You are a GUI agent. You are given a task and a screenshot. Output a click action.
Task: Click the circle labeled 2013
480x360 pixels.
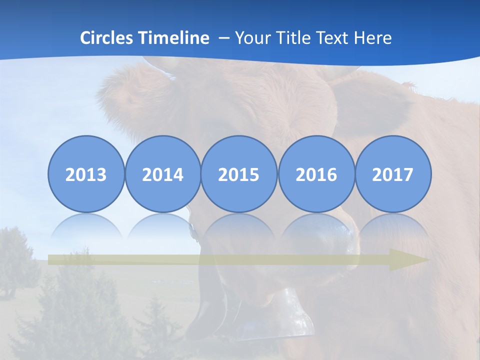pos(86,174)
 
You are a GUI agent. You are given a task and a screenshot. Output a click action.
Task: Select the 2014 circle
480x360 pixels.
pos(162,174)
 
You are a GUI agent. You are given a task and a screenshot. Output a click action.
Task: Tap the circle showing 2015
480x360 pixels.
pos(239,174)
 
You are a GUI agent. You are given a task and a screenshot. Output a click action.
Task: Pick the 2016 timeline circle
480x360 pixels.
pos(316,174)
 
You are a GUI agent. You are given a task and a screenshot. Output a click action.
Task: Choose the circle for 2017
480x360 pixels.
pos(392,174)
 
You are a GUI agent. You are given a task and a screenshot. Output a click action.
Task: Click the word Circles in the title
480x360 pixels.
pos(107,37)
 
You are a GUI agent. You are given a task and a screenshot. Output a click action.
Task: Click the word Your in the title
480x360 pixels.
pos(251,37)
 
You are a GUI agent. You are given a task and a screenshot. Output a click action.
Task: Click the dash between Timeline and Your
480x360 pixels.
pos(223,38)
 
